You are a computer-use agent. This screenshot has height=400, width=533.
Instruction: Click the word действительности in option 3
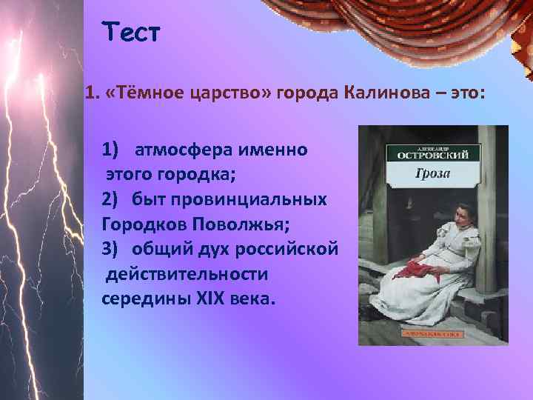(187, 274)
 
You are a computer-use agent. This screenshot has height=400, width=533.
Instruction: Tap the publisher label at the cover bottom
(433, 333)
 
